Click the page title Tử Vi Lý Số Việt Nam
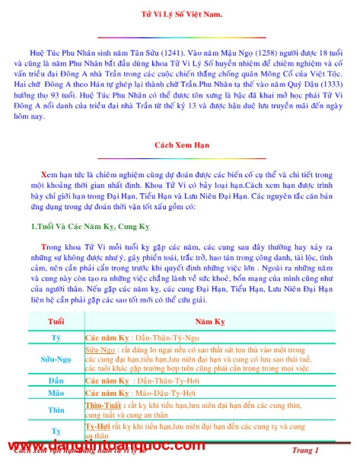182,15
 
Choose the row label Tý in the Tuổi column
56,336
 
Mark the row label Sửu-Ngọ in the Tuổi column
56,357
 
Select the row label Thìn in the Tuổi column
56,410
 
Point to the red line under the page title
182,36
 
